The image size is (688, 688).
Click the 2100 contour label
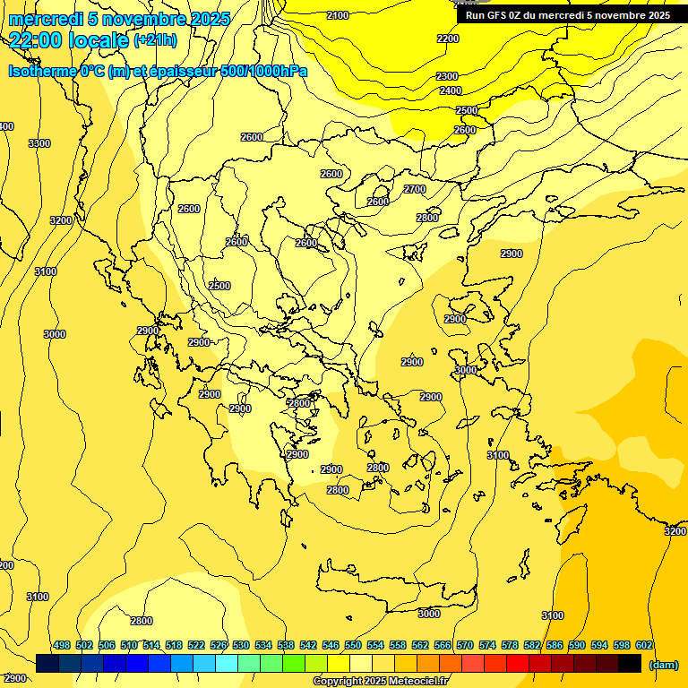[338, 15]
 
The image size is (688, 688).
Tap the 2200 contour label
[448, 39]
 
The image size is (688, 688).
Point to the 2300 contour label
[447, 76]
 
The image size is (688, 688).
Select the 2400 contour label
[451, 90]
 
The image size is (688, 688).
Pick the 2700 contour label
[415, 189]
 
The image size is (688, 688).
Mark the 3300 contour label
[39, 143]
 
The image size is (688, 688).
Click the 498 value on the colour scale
[62, 645]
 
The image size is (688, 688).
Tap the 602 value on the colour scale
[644, 645]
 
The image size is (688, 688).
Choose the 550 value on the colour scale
[353, 645]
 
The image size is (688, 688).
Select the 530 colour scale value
[241, 645]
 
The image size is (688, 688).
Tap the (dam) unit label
[664, 665]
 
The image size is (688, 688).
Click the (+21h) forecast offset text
[155, 40]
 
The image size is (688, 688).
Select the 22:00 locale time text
[68, 39]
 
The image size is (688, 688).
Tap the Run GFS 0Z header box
[568, 15]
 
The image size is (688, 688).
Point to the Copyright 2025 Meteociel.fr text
[381, 682]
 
